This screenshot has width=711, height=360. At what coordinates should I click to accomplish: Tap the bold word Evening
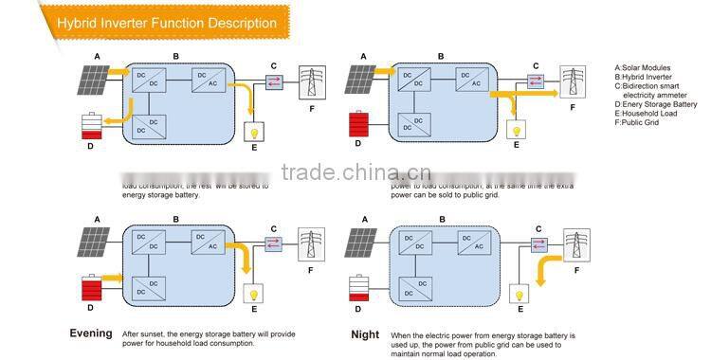[x=91, y=333]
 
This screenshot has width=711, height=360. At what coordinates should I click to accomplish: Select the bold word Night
[x=365, y=334]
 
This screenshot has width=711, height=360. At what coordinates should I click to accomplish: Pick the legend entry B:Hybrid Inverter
[x=644, y=78]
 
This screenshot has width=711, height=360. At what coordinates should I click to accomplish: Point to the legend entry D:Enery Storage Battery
[x=656, y=104]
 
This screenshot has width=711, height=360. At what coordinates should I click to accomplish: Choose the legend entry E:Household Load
[x=647, y=114]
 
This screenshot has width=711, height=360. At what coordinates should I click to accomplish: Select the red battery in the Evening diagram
[x=91, y=288]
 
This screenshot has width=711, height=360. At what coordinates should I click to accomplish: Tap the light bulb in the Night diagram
[x=518, y=292]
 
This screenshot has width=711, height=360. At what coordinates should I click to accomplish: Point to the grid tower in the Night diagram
[x=573, y=245]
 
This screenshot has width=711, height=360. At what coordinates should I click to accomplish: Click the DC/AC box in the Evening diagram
[x=208, y=242]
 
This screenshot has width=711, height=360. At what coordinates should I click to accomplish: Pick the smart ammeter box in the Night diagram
[x=538, y=244]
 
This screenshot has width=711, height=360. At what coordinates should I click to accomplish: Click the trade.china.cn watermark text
[x=356, y=172]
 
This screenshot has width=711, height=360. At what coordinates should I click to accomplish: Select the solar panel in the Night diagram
[x=361, y=243]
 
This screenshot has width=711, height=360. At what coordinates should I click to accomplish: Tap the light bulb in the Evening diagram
[x=253, y=292]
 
